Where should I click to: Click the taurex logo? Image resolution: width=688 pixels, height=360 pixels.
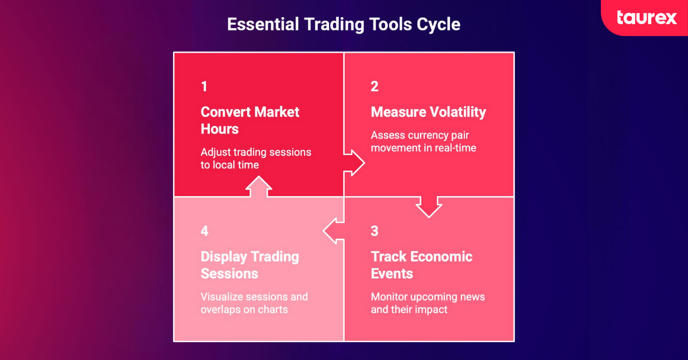(x=647, y=18)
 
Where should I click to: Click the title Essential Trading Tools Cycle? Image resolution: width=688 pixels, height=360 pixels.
(x=343, y=25)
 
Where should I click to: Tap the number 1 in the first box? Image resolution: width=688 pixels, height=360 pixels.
(x=204, y=87)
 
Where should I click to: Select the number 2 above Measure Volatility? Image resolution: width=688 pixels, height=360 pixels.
(x=374, y=87)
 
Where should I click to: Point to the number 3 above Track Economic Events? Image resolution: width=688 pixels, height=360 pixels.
(x=374, y=231)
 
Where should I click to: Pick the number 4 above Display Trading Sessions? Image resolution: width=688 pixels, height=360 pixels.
(x=205, y=231)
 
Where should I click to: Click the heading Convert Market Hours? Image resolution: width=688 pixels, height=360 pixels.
(x=250, y=120)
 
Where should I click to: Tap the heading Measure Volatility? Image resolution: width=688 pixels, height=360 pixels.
(x=428, y=112)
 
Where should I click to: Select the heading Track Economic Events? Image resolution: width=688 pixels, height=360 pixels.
(x=421, y=264)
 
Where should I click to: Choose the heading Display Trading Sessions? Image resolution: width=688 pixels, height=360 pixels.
(x=249, y=264)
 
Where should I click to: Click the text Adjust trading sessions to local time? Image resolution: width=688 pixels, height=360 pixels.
(x=256, y=158)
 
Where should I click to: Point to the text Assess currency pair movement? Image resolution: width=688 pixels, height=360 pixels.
(x=424, y=142)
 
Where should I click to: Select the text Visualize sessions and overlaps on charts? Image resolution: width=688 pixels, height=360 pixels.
(x=254, y=303)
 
